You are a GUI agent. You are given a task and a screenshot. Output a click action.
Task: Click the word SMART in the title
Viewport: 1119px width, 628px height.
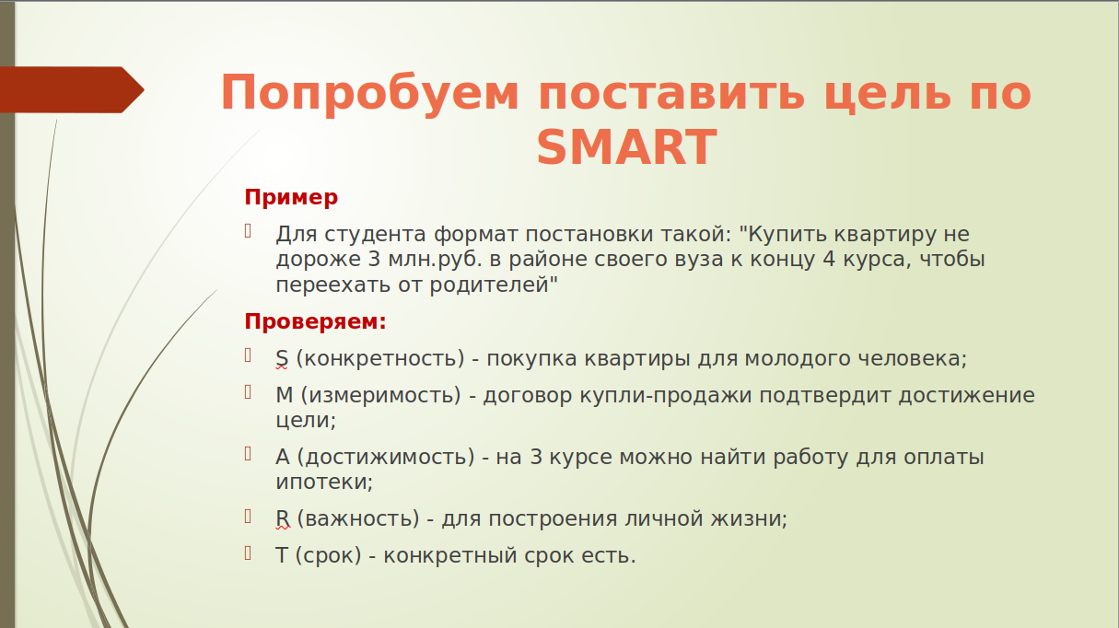[x=626, y=147]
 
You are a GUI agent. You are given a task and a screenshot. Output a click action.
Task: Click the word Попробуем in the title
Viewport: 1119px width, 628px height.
[x=369, y=94]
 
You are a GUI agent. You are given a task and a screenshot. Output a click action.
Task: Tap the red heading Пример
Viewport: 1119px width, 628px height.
[x=291, y=198]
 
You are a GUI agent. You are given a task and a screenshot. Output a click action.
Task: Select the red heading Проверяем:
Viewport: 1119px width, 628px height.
[x=315, y=321]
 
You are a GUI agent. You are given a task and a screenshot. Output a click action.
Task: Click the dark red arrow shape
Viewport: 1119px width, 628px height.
[x=72, y=90]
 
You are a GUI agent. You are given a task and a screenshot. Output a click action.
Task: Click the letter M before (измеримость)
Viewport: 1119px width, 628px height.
[x=285, y=395]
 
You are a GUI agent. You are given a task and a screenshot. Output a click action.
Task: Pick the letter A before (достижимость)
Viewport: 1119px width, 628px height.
[x=282, y=457]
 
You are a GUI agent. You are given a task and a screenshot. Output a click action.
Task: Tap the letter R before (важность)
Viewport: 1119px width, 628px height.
[x=282, y=518]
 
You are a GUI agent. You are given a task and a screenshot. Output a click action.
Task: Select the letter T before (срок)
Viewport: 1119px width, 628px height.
[x=281, y=555]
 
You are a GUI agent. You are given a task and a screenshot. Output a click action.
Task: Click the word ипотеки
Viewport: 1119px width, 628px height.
[x=322, y=482]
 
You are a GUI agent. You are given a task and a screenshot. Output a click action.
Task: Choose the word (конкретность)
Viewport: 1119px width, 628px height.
[x=380, y=359]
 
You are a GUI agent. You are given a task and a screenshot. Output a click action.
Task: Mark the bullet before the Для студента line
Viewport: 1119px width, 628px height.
[x=248, y=231]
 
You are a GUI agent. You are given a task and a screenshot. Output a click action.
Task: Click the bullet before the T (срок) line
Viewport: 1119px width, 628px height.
[x=248, y=553]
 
